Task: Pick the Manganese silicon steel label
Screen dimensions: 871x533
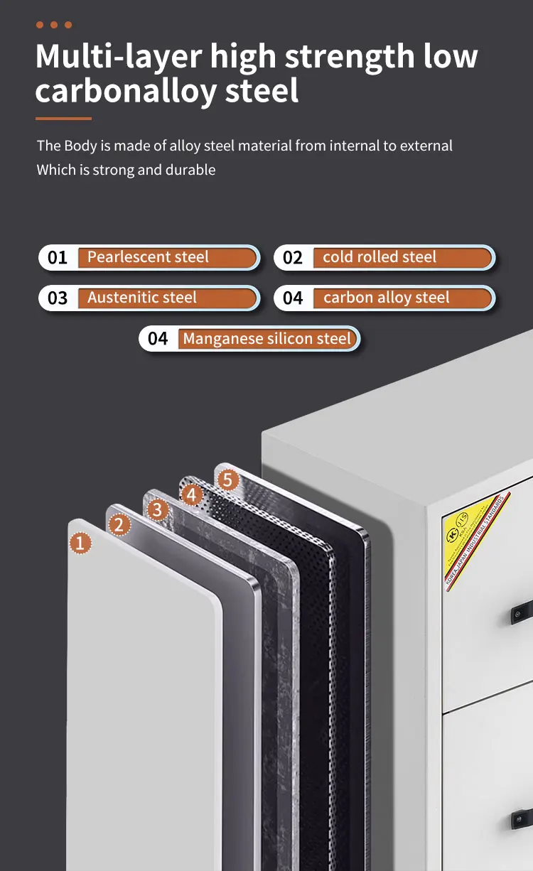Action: pos(267,339)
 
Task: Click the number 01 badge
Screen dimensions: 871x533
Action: pos(58,257)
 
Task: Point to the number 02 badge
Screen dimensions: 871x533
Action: pos(293,257)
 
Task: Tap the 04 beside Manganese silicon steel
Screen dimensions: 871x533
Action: pos(158,339)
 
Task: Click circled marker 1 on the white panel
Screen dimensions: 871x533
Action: pos(81,543)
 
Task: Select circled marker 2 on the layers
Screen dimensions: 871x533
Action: pos(119,525)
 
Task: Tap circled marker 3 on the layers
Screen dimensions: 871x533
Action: pos(157,509)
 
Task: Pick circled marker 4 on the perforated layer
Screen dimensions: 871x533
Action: pos(192,494)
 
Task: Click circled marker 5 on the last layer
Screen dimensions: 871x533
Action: pos(227,480)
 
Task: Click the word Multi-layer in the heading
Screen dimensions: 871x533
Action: pos(118,57)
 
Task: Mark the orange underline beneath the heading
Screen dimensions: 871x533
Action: pos(63,118)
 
